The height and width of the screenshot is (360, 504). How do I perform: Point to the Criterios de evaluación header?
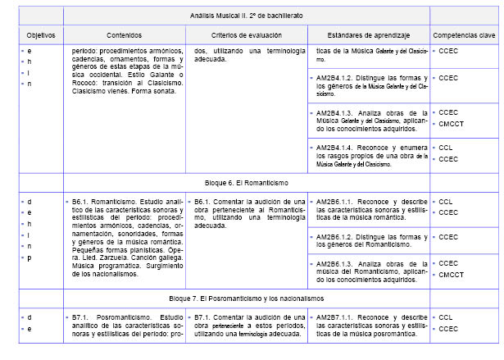tap(246, 36)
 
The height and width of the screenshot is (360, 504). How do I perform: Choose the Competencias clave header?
tap(463, 36)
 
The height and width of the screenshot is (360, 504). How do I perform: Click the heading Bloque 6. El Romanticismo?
tap(246, 183)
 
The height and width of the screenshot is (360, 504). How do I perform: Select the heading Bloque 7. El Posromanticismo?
tap(246, 298)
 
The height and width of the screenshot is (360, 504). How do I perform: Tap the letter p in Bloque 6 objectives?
tap(28, 257)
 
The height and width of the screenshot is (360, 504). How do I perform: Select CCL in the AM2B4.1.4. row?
tap(446, 148)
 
